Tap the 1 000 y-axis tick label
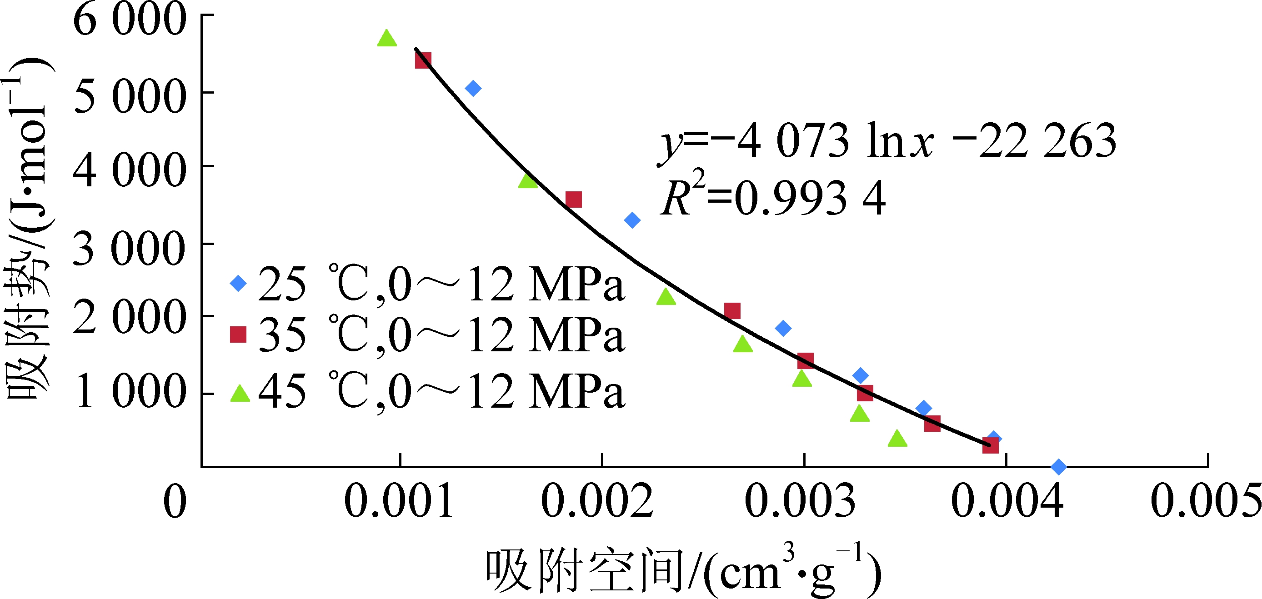pos(129,392)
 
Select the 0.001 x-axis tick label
pos(399,502)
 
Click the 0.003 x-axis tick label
pos(800,502)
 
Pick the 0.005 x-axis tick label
pos(1205,502)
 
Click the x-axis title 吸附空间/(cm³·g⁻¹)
pos(683,570)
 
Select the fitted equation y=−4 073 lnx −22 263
pos(887,142)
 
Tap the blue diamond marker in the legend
pos(239,283)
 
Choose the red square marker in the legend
pos(239,334)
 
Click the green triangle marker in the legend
pos(240,393)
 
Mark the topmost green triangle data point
pos(387,38)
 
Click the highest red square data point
pos(423,60)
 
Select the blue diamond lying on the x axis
pos(1059,466)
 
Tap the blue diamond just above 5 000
pos(473,89)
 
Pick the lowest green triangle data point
pos(897,439)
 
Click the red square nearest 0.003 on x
pos(806,361)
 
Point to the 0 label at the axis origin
pos(175,502)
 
